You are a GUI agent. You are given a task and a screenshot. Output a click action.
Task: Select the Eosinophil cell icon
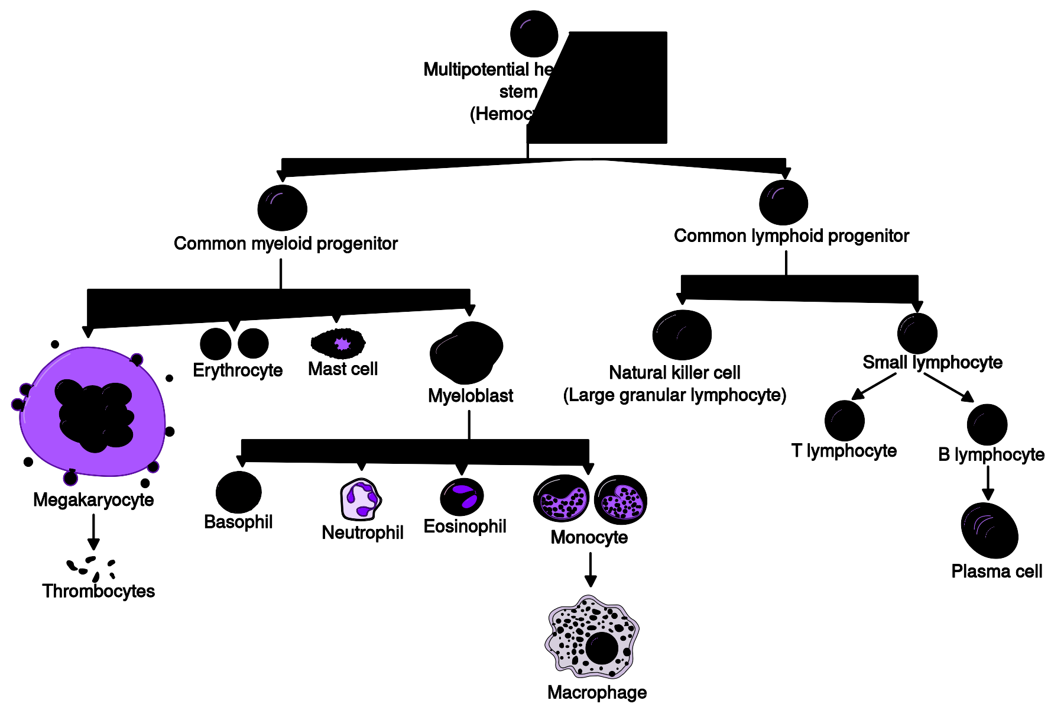tap(462, 496)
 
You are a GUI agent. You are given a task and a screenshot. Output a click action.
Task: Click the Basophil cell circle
tap(238, 492)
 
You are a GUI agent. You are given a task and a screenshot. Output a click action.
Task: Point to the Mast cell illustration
tap(338, 343)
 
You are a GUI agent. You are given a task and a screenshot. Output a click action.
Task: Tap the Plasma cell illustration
tap(990, 531)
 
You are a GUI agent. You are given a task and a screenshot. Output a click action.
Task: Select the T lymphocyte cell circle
tap(844, 421)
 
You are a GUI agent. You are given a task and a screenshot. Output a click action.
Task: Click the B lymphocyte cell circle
tap(987, 424)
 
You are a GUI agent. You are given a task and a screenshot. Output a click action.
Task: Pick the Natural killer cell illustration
tap(682, 335)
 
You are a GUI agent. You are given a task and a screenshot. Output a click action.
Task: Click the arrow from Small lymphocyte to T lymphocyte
tap(873, 387)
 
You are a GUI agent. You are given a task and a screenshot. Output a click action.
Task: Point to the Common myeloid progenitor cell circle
tap(282, 208)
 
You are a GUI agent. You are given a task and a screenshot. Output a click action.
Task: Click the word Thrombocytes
tap(98, 591)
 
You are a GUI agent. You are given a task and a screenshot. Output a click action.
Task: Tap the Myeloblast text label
tap(470, 395)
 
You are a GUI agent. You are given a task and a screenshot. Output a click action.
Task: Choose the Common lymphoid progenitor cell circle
tap(783, 203)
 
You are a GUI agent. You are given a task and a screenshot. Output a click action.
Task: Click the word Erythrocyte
tap(238, 370)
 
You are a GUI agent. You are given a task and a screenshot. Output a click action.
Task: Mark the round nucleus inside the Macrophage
tap(602, 648)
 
